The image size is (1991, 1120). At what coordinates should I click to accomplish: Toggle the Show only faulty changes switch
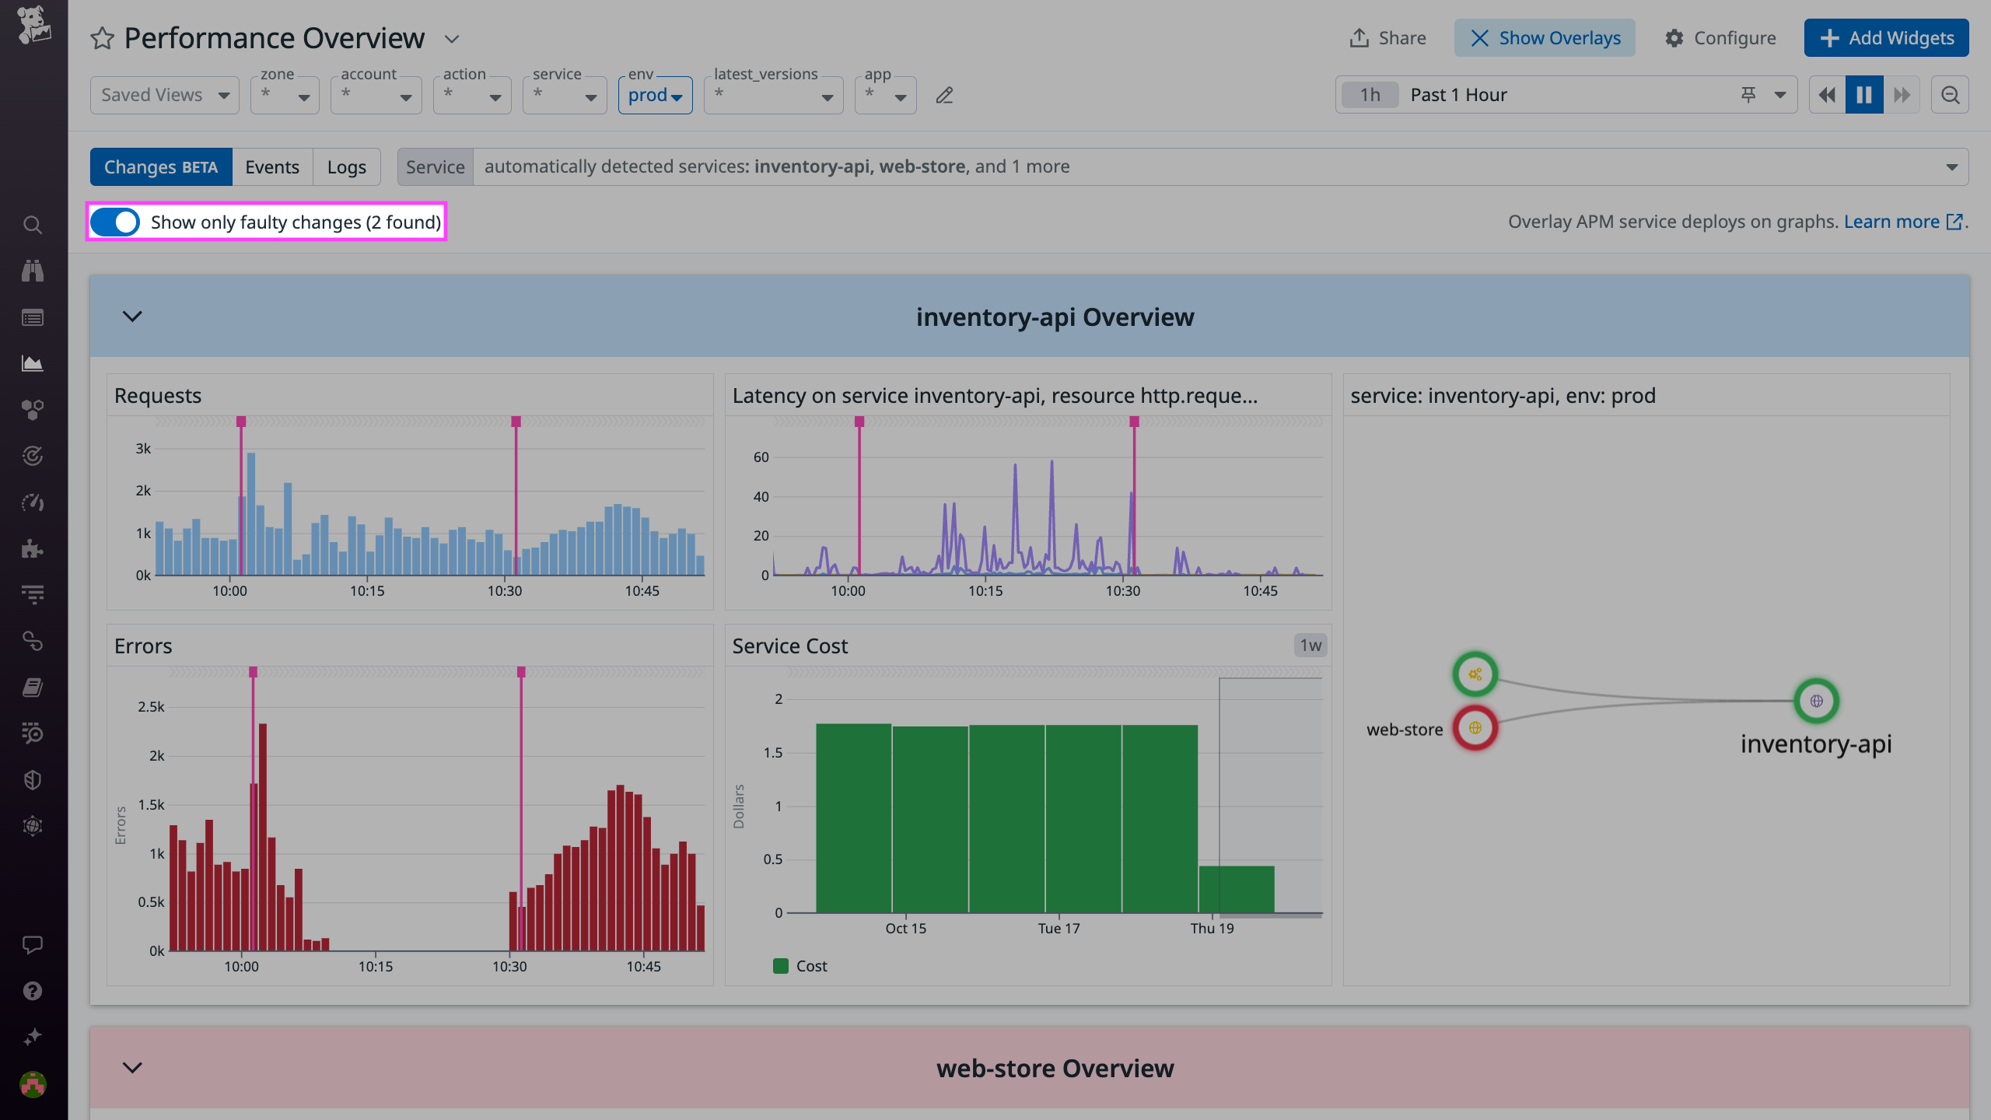115,222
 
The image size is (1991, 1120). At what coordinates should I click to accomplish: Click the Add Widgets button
1886,38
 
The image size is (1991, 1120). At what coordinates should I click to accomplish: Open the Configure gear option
1720,38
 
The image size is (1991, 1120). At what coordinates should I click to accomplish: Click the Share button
1387,38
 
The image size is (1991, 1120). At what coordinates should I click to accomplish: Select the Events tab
271,167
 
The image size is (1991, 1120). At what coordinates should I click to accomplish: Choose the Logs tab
346,167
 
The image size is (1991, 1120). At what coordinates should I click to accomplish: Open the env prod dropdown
655,96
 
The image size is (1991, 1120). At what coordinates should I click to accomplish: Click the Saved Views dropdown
164,95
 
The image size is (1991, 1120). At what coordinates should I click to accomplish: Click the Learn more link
1891,222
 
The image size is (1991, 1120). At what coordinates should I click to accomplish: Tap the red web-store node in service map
1475,728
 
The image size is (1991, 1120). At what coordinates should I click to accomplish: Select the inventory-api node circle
1816,701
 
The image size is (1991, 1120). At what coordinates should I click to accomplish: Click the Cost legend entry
801,966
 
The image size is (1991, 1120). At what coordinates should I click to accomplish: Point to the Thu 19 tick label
1212,928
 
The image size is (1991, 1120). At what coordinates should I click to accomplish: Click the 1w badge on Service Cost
1310,645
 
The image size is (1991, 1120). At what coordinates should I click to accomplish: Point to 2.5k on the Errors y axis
151,707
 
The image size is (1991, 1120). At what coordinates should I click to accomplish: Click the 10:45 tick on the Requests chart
642,591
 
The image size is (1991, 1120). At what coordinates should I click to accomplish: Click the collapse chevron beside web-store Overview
132,1068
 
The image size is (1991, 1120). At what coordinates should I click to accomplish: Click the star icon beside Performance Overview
103,38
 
